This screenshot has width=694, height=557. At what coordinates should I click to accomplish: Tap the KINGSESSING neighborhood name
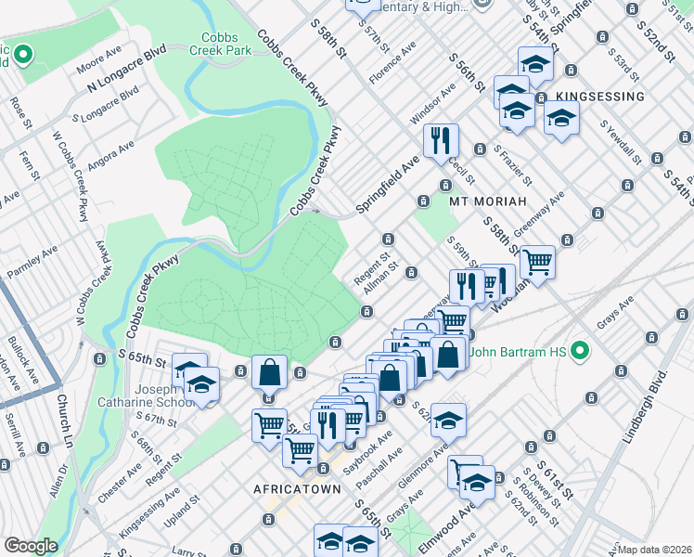click(601, 97)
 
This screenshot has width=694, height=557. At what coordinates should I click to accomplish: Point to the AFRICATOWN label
click(293, 488)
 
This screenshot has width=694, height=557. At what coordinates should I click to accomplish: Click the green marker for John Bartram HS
click(581, 351)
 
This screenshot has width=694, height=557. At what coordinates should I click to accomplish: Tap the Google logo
click(31, 546)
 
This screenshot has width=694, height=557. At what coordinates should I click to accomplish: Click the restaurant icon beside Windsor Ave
click(439, 140)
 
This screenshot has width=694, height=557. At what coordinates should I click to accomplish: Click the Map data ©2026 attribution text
click(655, 550)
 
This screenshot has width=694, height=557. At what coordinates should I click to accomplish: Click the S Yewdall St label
click(621, 141)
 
